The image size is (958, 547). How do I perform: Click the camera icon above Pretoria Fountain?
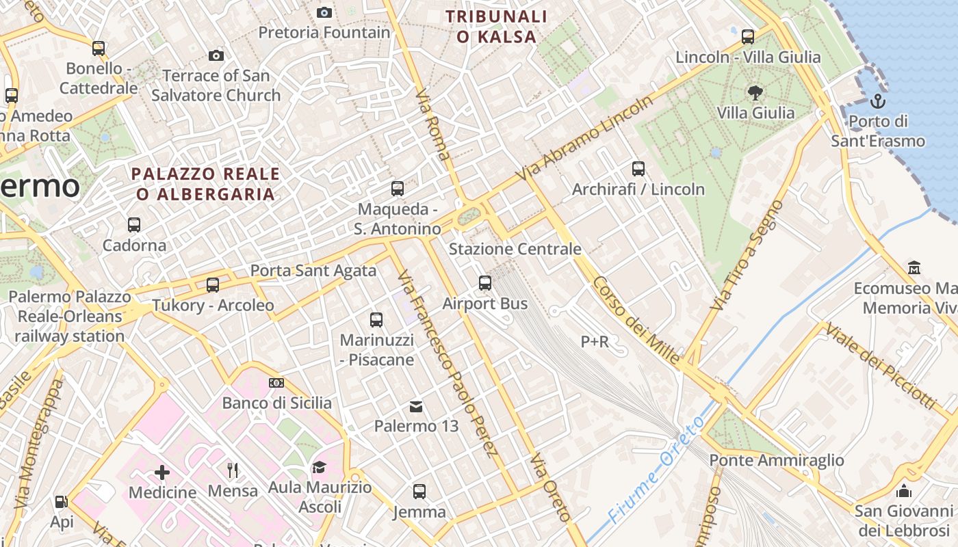[324, 12]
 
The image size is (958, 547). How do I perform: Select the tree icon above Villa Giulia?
[755, 92]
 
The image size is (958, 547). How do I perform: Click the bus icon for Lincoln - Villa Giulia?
[748, 37]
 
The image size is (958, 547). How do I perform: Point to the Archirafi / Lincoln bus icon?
[638, 168]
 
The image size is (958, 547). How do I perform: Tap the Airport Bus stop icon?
[485, 282]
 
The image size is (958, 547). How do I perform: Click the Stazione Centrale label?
[515, 249]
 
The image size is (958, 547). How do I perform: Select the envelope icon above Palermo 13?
[415, 407]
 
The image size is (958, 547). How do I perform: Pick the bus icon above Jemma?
[419, 492]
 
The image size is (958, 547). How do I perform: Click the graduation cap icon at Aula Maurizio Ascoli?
[320, 468]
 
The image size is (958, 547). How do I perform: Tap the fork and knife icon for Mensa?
[233, 470]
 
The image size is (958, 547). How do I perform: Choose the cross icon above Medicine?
[162, 472]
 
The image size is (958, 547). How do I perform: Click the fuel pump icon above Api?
[61, 503]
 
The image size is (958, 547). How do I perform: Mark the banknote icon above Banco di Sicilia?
[276, 383]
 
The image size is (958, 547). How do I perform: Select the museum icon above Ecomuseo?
[914, 267]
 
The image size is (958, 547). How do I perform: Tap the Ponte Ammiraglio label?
[777, 460]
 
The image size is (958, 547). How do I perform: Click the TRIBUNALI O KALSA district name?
[496, 27]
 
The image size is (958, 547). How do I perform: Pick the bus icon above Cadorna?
[134, 224]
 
